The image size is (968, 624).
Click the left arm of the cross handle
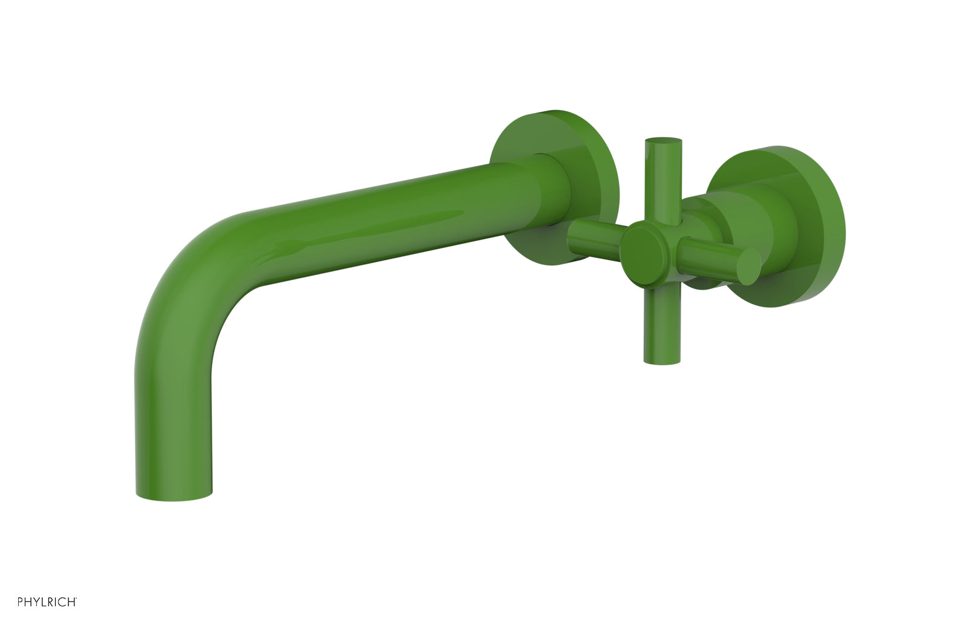[596, 233]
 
